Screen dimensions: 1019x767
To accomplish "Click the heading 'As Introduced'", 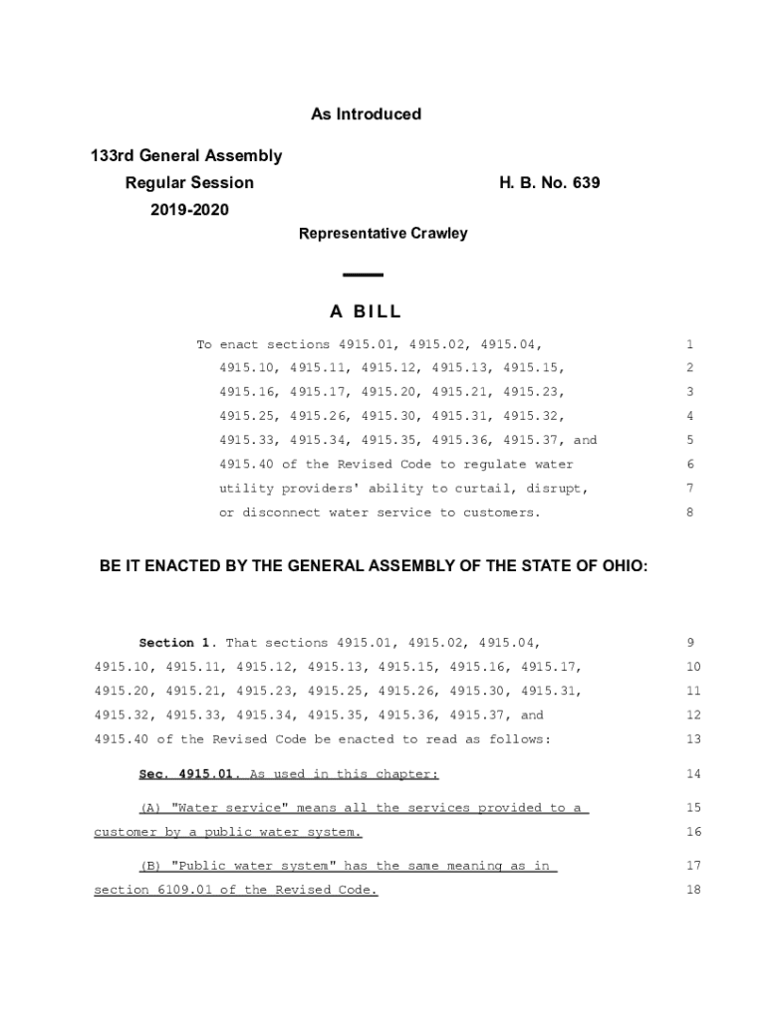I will [366, 114].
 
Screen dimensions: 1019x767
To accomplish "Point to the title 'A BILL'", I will [364, 312].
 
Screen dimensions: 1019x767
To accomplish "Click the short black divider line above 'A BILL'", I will [363, 275].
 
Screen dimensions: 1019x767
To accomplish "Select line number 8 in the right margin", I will [689, 513].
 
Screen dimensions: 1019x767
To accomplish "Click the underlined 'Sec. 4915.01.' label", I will [188, 774].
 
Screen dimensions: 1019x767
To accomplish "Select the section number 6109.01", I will [182, 891].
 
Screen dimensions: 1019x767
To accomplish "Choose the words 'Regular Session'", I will [189, 183].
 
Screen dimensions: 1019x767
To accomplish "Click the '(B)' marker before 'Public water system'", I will [150, 867].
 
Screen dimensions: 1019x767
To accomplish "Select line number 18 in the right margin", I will [693, 891].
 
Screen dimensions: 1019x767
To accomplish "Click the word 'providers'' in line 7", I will [325, 489].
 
